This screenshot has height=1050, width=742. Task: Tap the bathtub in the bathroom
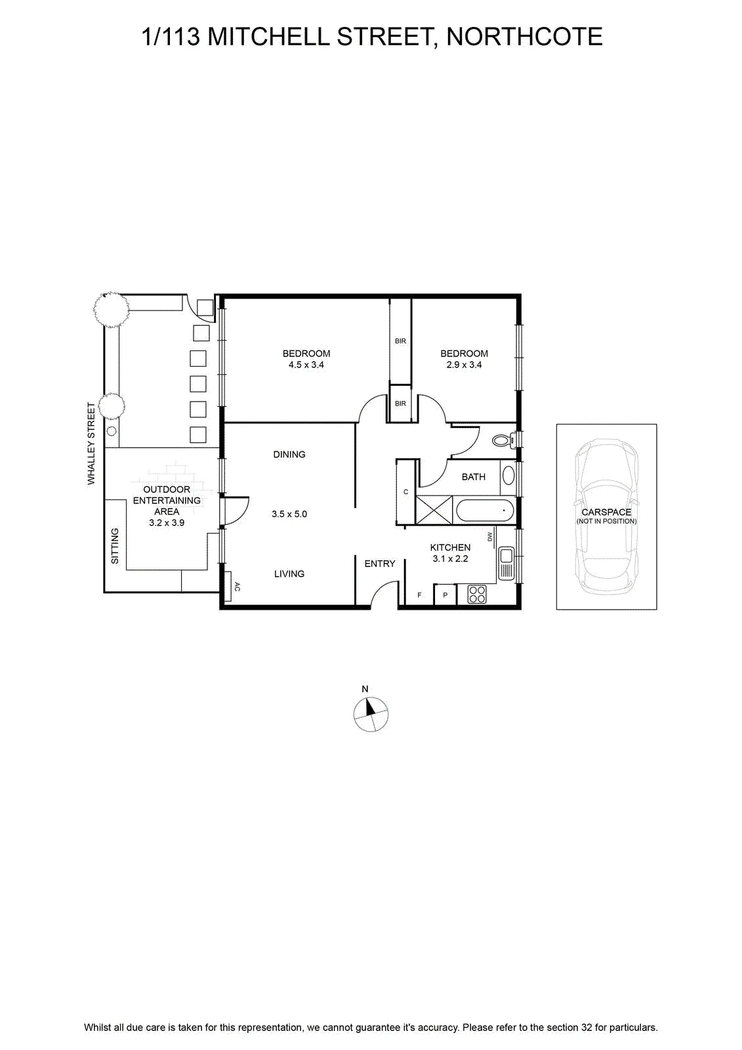click(x=485, y=510)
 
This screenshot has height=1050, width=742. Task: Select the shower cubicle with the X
click(x=434, y=509)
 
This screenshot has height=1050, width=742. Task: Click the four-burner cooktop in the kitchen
click(x=477, y=595)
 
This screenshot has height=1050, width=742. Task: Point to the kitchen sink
click(x=506, y=563)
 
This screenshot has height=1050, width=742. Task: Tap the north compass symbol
click(x=371, y=714)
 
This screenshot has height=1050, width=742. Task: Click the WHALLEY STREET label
click(x=91, y=444)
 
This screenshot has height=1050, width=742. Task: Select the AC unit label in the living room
click(x=237, y=587)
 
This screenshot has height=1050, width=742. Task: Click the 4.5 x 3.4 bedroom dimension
click(x=306, y=365)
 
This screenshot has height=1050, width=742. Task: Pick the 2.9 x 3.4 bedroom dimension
click(x=464, y=365)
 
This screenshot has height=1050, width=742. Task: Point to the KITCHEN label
click(x=450, y=547)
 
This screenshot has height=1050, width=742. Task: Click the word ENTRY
click(x=380, y=564)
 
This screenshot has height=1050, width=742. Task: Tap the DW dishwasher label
click(x=490, y=536)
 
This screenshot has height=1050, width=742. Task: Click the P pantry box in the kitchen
click(x=445, y=595)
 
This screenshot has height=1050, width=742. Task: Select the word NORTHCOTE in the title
click(x=524, y=37)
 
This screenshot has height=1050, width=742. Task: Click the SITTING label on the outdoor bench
click(x=115, y=546)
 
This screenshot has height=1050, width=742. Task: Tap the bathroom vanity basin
click(x=508, y=475)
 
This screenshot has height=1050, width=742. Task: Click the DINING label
click(x=289, y=454)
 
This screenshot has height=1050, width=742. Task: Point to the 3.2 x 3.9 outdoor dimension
click(x=167, y=522)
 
